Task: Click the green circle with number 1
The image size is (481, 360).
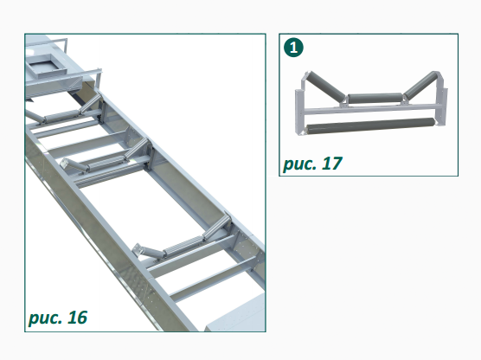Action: (x=293, y=48)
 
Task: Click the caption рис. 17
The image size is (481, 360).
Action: (x=312, y=164)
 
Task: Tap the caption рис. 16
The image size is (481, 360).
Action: (x=58, y=318)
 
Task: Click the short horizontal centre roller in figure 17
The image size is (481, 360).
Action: (x=375, y=99)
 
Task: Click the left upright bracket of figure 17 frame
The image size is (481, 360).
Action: (x=300, y=107)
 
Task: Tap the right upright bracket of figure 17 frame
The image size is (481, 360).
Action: (x=442, y=101)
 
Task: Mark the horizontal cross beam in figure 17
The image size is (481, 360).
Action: (x=372, y=110)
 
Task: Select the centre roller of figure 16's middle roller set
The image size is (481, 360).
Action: (x=106, y=163)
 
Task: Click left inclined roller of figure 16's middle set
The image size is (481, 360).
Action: (x=75, y=165)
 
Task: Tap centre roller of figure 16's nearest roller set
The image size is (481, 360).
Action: (x=183, y=246)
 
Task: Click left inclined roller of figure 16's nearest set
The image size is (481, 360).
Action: (x=149, y=250)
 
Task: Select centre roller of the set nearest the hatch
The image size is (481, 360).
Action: (x=62, y=115)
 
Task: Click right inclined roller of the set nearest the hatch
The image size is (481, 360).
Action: (x=90, y=103)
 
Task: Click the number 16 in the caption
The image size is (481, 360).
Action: (x=77, y=318)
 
